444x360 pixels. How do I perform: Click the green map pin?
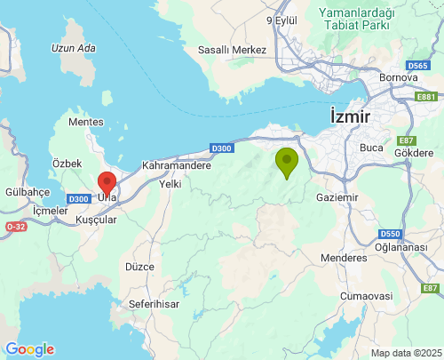(x=286, y=163)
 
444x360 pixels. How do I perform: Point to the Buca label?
(x=370, y=148)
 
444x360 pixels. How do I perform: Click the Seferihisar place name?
(x=155, y=303)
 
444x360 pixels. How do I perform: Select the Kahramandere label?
(x=176, y=165)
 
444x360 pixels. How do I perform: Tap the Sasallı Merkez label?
(x=232, y=50)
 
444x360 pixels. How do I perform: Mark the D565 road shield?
(x=418, y=67)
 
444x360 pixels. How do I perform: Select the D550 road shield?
(x=391, y=233)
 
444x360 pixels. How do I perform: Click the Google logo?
(x=29, y=348)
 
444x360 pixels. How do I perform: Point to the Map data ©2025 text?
(x=406, y=353)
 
